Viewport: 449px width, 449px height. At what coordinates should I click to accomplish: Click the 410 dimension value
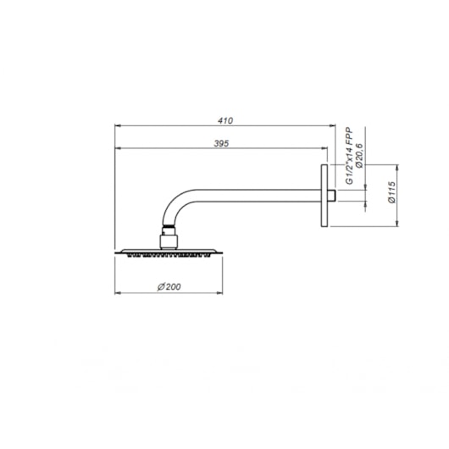click(225, 120)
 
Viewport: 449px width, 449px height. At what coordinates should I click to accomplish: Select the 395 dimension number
click(221, 143)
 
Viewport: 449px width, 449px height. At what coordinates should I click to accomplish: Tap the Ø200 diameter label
click(169, 286)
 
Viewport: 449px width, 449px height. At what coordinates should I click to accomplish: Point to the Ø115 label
click(391, 192)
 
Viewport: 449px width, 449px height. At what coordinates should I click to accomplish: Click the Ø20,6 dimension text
click(359, 156)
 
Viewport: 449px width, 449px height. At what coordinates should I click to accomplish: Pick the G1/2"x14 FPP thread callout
click(349, 156)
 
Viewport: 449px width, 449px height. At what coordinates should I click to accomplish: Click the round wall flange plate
click(324, 196)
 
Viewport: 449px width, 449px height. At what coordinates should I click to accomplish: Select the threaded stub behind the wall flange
click(331, 196)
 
